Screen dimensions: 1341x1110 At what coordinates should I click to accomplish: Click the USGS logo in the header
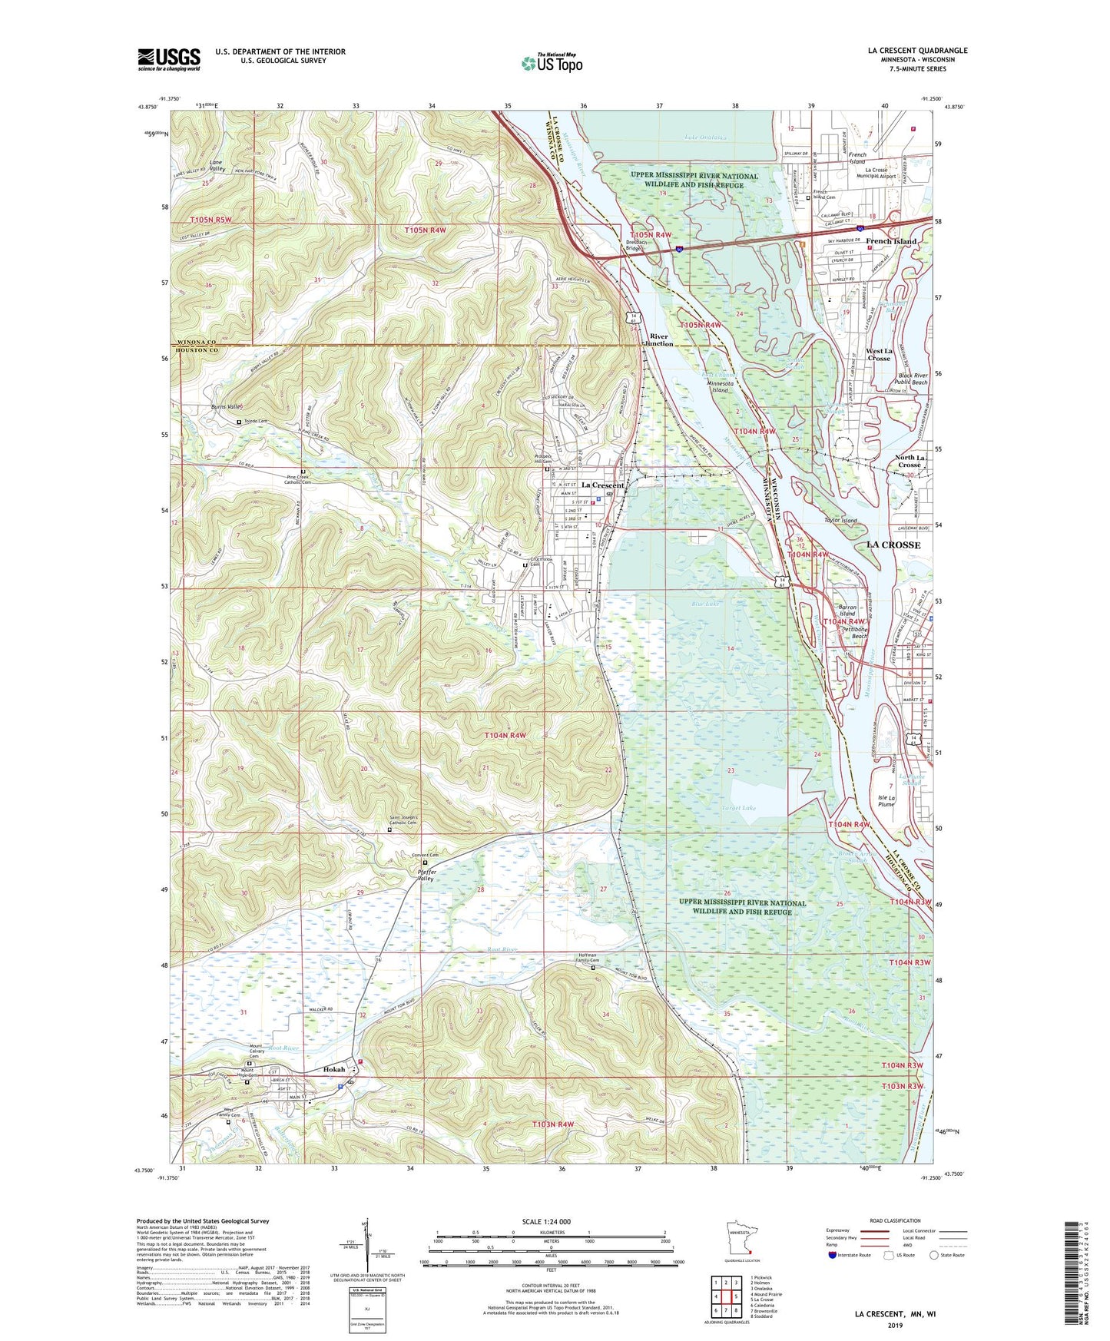click(x=169, y=59)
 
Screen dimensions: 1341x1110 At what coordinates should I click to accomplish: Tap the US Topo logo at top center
click(x=552, y=63)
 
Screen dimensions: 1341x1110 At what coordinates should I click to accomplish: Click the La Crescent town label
click(x=602, y=485)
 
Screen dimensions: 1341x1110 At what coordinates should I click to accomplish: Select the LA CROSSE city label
click(x=893, y=545)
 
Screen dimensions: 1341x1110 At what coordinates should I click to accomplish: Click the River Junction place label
click(x=660, y=340)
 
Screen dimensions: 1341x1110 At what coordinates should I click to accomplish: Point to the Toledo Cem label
click(x=255, y=422)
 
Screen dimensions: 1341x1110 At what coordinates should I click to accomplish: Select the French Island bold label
click(x=890, y=241)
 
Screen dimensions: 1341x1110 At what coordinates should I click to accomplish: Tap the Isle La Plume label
click(x=886, y=801)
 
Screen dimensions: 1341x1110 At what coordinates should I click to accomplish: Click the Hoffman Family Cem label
click(x=593, y=959)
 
